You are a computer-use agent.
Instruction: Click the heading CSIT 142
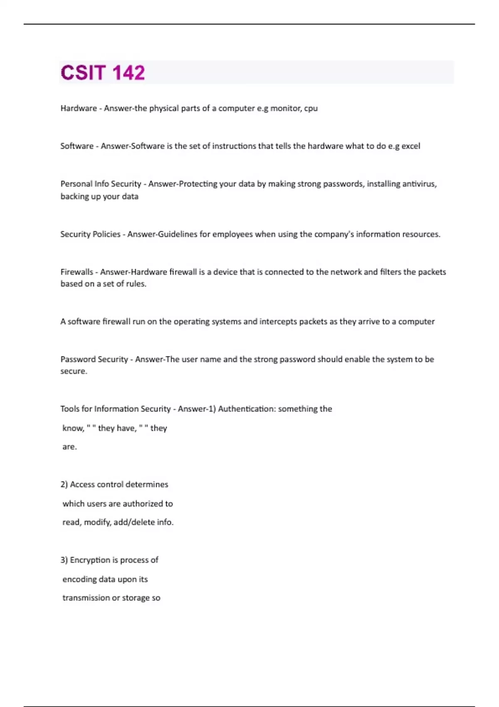[x=103, y=73]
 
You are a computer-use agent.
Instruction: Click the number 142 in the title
[x=128, y=73]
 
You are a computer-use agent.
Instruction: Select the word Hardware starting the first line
[x=79, y=109]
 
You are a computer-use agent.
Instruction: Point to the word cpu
[x=311, y=109]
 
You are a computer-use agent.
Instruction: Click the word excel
[x=410, y=146]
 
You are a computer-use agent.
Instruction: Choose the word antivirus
[x=419, y=184]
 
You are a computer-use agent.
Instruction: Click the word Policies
[x=106, y=234]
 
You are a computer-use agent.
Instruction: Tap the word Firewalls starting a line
[x=77, y=272]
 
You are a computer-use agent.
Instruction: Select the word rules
[x=136, y=284]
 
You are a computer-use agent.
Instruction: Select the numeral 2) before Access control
[x=64, y=485]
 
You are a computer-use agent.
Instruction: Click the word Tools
[x=70, y=409]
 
